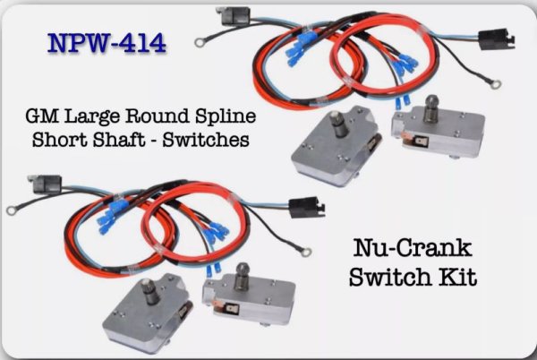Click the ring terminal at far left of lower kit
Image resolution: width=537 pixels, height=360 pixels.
pos(13,211)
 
